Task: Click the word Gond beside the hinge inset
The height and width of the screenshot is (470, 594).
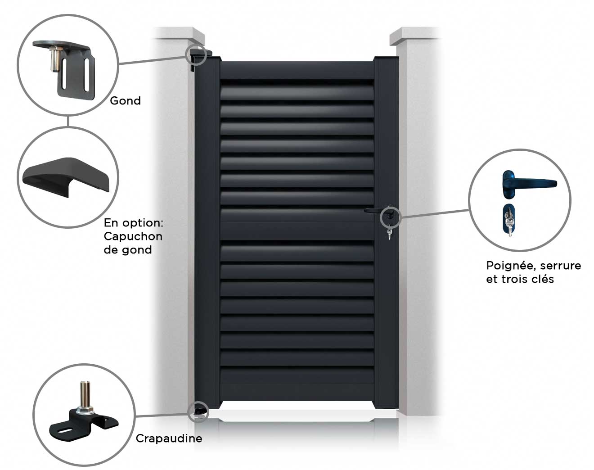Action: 125,101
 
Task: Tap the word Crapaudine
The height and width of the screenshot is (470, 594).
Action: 169,438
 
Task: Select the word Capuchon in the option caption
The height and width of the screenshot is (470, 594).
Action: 133,237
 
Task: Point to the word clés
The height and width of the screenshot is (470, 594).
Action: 543,279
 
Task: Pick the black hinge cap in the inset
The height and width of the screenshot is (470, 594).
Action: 66,177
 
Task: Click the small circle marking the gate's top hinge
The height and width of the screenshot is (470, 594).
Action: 196,54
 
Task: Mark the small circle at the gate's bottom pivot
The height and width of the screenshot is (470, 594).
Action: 198,412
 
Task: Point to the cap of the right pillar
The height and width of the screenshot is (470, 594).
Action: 414,36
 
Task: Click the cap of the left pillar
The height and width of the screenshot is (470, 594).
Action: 180,36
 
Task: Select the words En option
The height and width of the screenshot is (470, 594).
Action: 134,223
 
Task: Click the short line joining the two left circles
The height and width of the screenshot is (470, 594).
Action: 68,121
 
